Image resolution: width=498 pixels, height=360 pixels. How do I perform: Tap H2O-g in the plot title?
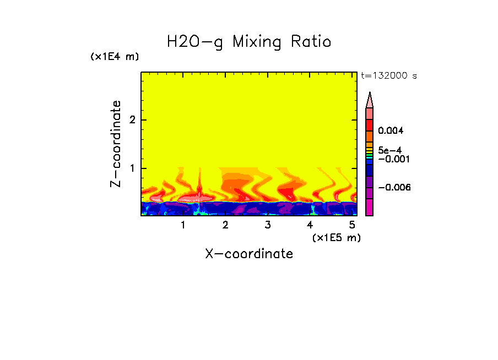pos(195,42)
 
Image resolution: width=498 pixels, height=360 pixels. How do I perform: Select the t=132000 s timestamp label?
pos(388,76)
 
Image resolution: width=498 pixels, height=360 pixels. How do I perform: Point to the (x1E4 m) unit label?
pos(115,57)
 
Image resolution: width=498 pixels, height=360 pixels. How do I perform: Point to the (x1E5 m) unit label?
pos(336,237)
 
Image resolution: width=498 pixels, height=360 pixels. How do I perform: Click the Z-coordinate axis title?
pos(116,144)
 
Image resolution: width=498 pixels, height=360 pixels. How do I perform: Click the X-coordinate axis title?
pos(249,254)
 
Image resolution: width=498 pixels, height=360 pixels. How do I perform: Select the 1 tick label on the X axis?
pos(183,225)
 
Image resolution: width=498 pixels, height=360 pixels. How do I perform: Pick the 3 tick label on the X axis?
pos(268,225)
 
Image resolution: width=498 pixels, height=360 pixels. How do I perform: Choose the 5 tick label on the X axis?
pos(352,225)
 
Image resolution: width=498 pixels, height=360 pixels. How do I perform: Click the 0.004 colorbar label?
pos(391,131)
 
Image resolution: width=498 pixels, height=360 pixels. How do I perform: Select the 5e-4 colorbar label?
pos(389,150)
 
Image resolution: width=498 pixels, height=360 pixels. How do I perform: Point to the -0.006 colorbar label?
pos(396,188)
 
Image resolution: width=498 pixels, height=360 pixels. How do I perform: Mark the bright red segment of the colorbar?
pos(369,124)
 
